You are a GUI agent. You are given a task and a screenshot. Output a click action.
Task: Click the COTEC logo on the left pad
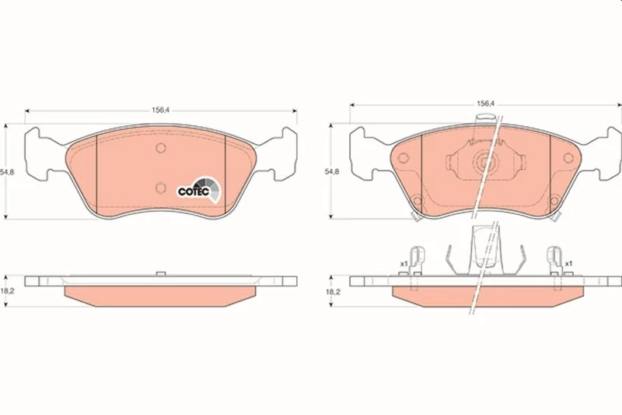point(199,190)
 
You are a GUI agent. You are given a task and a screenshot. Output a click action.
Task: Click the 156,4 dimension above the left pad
point(161,110)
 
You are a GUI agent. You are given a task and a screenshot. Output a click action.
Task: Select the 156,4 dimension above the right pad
point(485,104)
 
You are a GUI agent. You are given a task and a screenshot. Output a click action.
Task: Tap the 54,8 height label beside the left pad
point(7,172)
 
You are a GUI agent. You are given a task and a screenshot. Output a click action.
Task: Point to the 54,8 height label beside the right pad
point(332,171)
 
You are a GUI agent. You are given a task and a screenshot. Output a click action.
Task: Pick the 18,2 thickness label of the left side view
point(7,290)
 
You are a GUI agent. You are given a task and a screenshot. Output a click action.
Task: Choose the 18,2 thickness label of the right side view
point(333,291)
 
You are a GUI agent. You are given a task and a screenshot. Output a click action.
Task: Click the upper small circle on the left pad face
point(161,148)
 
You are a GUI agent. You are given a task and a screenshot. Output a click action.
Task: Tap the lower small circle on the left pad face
point(161,188)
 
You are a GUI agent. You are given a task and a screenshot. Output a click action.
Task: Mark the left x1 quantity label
point(404,263)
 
